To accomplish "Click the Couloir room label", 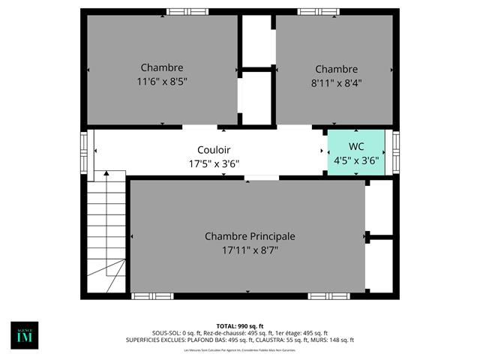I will click(x=214, y=149).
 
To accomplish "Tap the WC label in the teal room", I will click(x=355, y=145).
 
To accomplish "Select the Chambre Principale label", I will click(x=250, y=236).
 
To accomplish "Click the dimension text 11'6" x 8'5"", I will click(x=161, y=81).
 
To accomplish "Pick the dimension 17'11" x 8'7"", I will click(x=250, y=250).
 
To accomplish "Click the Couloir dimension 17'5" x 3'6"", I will click(x=214, y=163).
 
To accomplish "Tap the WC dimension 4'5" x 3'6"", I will click(x=355, y=159).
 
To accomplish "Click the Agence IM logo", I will click(x=24, y=334).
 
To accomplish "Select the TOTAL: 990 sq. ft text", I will click(x=240, y=326).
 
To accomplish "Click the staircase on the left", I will click(x=106, y=232).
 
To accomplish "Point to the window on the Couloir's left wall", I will click(x=84, y=152).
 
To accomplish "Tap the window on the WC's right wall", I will click(x=396, y=152).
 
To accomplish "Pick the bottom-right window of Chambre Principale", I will click(x=328, y=296).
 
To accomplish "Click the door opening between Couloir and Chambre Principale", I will click(x=262, y=178).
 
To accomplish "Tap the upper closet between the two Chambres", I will click(x=256, y=41).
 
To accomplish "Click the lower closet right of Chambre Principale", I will click(x=380, y=266).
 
